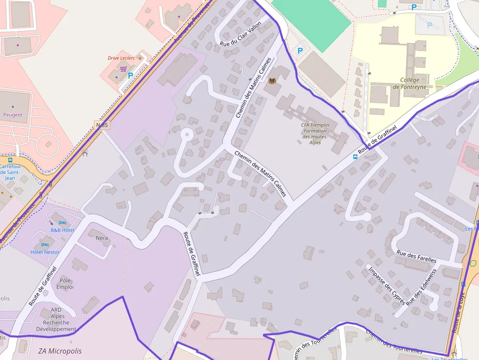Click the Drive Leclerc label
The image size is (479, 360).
coord(120,58)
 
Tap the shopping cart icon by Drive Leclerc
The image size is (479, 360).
coord(124,69)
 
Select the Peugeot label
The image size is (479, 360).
coord(13,115)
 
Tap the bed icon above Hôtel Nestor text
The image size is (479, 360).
coord(45,244)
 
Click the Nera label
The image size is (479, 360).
coord(102,238)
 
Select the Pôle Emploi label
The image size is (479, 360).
coord(65,284)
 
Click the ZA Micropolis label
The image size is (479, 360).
coord(60,351)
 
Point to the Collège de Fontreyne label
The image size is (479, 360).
coord(410,84)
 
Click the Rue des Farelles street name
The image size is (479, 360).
coord(416,256)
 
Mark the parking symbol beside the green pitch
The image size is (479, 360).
coord(300,50)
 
